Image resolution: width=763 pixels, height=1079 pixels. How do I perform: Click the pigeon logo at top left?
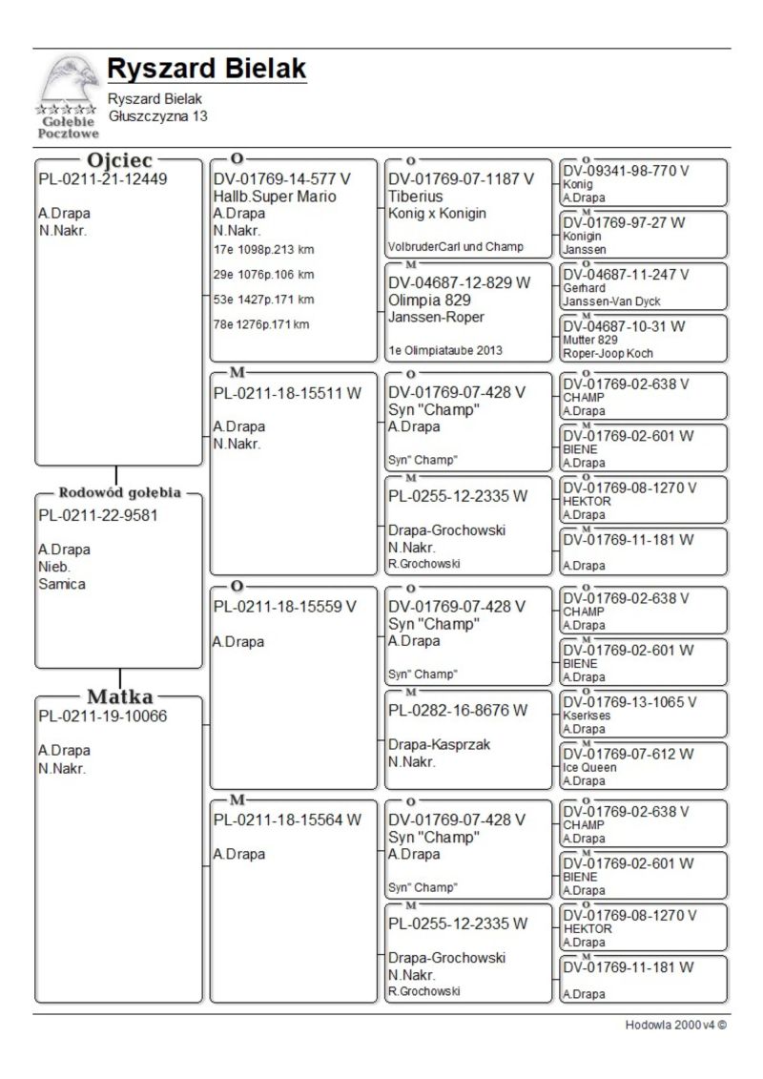[x=67, y=95]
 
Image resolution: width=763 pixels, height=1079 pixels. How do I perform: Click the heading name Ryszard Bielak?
[x=206, y=70]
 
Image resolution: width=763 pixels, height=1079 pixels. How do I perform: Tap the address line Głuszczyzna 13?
[x=157, y=116]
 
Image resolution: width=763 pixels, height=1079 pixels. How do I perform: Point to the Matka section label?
[x=120, y=696]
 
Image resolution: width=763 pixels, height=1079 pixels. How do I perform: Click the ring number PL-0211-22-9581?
[x=98, y=516]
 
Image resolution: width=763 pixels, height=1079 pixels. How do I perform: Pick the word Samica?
[x=62, y=584]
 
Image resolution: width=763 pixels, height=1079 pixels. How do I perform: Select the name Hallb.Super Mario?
[x=275, y=197]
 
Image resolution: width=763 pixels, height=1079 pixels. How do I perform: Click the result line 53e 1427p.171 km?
[x=264, y=300]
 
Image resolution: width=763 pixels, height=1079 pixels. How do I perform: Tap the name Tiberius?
[x=415, y=197]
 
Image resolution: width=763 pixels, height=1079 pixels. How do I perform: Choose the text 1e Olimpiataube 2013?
[x=445, y=350]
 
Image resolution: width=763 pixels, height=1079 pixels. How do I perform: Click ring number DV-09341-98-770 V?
[x=627, y=171]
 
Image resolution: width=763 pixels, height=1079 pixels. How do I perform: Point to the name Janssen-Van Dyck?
[x=611, y=301]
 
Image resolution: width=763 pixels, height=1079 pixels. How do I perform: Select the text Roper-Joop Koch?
[x=608, y=353]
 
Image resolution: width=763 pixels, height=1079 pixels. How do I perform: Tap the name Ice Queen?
[x=590, y=767]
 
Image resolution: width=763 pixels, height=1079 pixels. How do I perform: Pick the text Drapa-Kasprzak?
[x=439, y=745]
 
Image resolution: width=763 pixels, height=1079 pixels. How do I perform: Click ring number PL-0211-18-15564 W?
[x=288, y=820]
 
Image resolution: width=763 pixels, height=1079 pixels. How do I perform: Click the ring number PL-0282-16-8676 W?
[x=458, y=710]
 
